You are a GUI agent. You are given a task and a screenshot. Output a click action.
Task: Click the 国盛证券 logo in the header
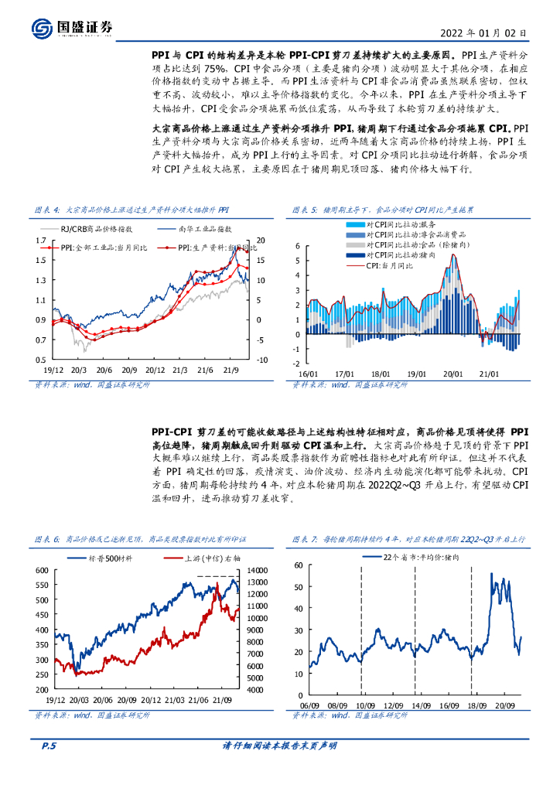(x=73, y=28)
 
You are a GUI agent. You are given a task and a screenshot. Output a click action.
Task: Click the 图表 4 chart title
(x=132, y=209)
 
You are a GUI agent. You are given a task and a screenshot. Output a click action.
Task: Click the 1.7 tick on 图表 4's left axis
(x=39, y=241)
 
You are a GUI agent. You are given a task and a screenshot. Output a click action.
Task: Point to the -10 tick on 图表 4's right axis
(x=262, y=360)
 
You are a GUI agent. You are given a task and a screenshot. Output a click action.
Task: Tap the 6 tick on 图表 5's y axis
(x=297, y=247)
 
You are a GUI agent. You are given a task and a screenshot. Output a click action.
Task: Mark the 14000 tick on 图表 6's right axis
(x=256, y=570)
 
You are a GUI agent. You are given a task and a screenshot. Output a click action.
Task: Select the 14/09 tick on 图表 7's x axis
(x=421, y=705)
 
